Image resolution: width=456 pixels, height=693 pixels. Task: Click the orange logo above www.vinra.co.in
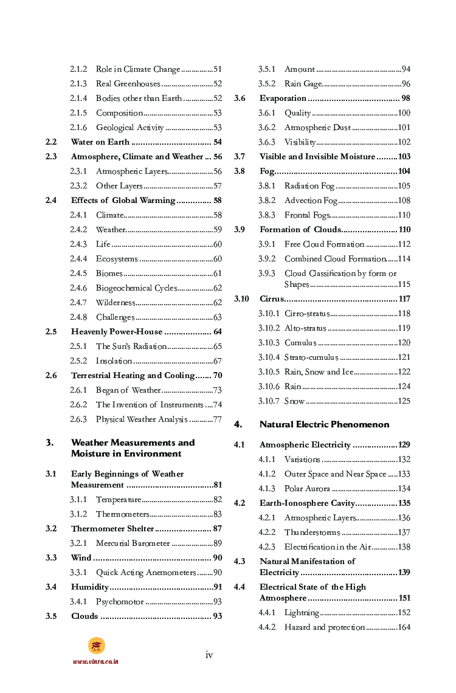tap(96, 646)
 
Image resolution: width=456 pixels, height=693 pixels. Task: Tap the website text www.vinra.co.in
tap(95, 661)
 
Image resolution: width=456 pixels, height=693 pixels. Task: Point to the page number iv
tap(209, 655)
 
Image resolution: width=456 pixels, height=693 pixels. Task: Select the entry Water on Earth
tap(100, 142)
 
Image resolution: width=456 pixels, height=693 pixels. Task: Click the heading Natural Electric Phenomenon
tap(324, 424)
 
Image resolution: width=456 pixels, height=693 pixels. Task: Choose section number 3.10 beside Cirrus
tap(241, 299)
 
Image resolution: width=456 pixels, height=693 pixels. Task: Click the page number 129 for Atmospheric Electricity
tap(404, 445)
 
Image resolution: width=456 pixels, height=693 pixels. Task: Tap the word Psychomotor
tap(120, 602)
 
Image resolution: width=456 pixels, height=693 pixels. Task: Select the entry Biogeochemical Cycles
tap(136, 288)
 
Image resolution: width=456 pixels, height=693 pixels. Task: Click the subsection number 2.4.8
tap(78, 317)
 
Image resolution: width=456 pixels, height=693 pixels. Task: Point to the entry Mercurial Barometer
tap(133, 543)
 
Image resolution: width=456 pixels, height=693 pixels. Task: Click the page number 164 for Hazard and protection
tap(404, 627)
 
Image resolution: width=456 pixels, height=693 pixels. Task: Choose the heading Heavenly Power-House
tap(117, 332)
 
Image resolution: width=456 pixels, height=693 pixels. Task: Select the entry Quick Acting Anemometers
tap(146, 573)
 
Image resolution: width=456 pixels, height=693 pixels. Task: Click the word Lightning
tap(302, 613)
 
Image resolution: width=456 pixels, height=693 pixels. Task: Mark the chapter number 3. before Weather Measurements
tap(50, 443)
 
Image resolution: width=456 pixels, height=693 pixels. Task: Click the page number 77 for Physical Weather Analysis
tap(217, 419)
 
